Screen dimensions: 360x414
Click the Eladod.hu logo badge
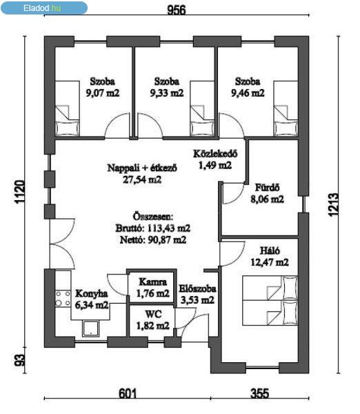click(x=44, y=8)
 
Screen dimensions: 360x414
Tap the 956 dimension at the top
click(x=177, y=10)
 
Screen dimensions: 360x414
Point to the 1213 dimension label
click(x=333, y=205)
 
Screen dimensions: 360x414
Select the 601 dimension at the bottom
click(x=128, y=393)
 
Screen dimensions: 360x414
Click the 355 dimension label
click(x=260, y=393)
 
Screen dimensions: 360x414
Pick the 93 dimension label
click(x=20, y=360)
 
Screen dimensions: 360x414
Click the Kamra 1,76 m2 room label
click(x=153, y=288)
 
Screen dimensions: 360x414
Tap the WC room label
click(x=153, y=320)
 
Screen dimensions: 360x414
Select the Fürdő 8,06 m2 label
click(x=267, y=193)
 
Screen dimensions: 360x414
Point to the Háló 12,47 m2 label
click(x=270, y=257)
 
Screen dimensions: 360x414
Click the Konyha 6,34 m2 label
click(x=92, y=299)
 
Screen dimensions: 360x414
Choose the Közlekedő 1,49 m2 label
click(x=215, y=159)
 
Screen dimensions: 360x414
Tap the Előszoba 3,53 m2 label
click(x=197, y=294)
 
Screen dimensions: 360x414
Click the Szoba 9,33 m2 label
click(x=167, y=87)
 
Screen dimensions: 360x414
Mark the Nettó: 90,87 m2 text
click(x=153, y=239)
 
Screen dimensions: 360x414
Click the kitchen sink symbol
click(x=90, y=328)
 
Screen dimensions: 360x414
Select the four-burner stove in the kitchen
click(x=63, y=299)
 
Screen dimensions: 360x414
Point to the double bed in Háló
click(x=270, y=301)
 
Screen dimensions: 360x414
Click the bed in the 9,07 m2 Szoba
click(x=68, y=108)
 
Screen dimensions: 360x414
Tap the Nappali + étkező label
click(x=142, y=168)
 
